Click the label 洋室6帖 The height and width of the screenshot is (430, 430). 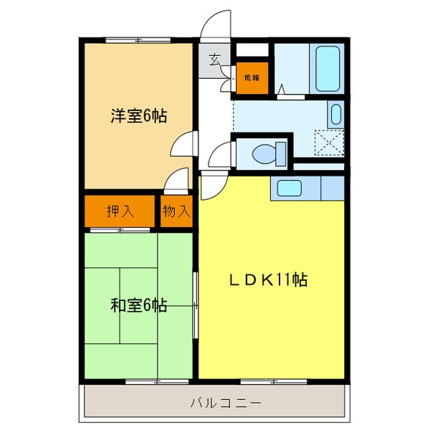click(x=138, y=115)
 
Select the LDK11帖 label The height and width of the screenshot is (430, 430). click(x=268, y=280)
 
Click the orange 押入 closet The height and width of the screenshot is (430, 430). click(x=120, y=211)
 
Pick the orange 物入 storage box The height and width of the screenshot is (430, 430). click(x=176, y=211)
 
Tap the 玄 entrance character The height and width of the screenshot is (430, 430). click(x=214, y=60)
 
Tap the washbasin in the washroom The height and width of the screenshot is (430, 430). click(x=335, y=114)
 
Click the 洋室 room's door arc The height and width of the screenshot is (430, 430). click(x=182, y=145)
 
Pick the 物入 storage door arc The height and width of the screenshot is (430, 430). click(x=176, y=181)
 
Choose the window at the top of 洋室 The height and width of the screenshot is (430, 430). click(x=129, y=40)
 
